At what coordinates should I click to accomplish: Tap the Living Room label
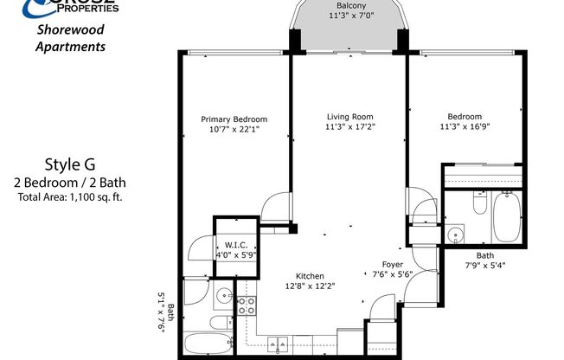[x=350, y=117]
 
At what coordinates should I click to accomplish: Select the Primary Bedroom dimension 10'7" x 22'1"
[x=234, y=129]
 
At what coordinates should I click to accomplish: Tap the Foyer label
[x=392, y=264]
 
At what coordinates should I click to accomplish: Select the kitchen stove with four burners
[x=247, y=305]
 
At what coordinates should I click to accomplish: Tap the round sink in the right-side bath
[x=455, y=234]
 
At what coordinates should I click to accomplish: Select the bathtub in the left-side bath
[x=208, y=344]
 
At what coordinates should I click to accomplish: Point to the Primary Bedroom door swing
[x=275, y=209]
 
